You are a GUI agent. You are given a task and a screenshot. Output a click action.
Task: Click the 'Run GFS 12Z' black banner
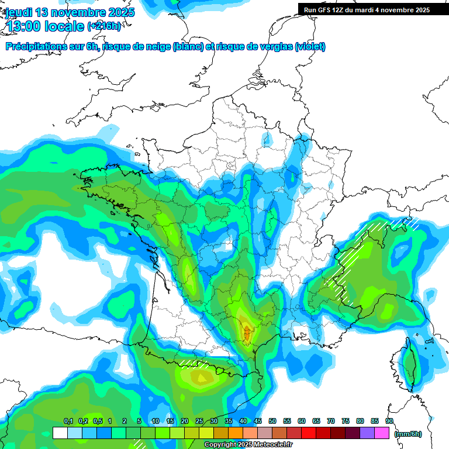click(367, 9)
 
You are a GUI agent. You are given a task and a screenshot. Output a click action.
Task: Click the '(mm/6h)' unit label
click(407, 434)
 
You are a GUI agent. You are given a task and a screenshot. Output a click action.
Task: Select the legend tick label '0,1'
click(68, 421)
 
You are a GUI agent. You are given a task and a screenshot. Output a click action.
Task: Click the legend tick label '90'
click(389, 421)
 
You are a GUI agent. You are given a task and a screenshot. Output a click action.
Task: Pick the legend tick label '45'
click(258, 421)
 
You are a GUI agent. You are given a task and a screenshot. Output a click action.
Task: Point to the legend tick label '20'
click(185, 421)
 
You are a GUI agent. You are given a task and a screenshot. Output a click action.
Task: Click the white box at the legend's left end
click(60, 433)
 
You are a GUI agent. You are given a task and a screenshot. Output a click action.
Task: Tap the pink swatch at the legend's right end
click(382, 433)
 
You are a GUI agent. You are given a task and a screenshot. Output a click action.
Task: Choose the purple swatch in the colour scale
click(367, 433)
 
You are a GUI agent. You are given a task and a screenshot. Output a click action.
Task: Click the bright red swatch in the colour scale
click(309, 433)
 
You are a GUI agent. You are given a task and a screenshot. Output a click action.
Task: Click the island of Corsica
click(411, 362)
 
